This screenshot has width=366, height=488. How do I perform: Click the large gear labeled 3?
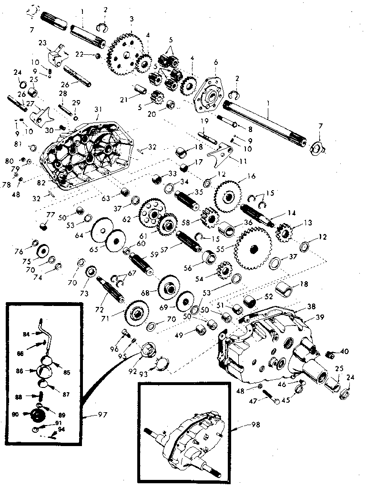coord(123,53)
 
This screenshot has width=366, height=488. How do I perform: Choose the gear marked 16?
coord(231,194)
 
